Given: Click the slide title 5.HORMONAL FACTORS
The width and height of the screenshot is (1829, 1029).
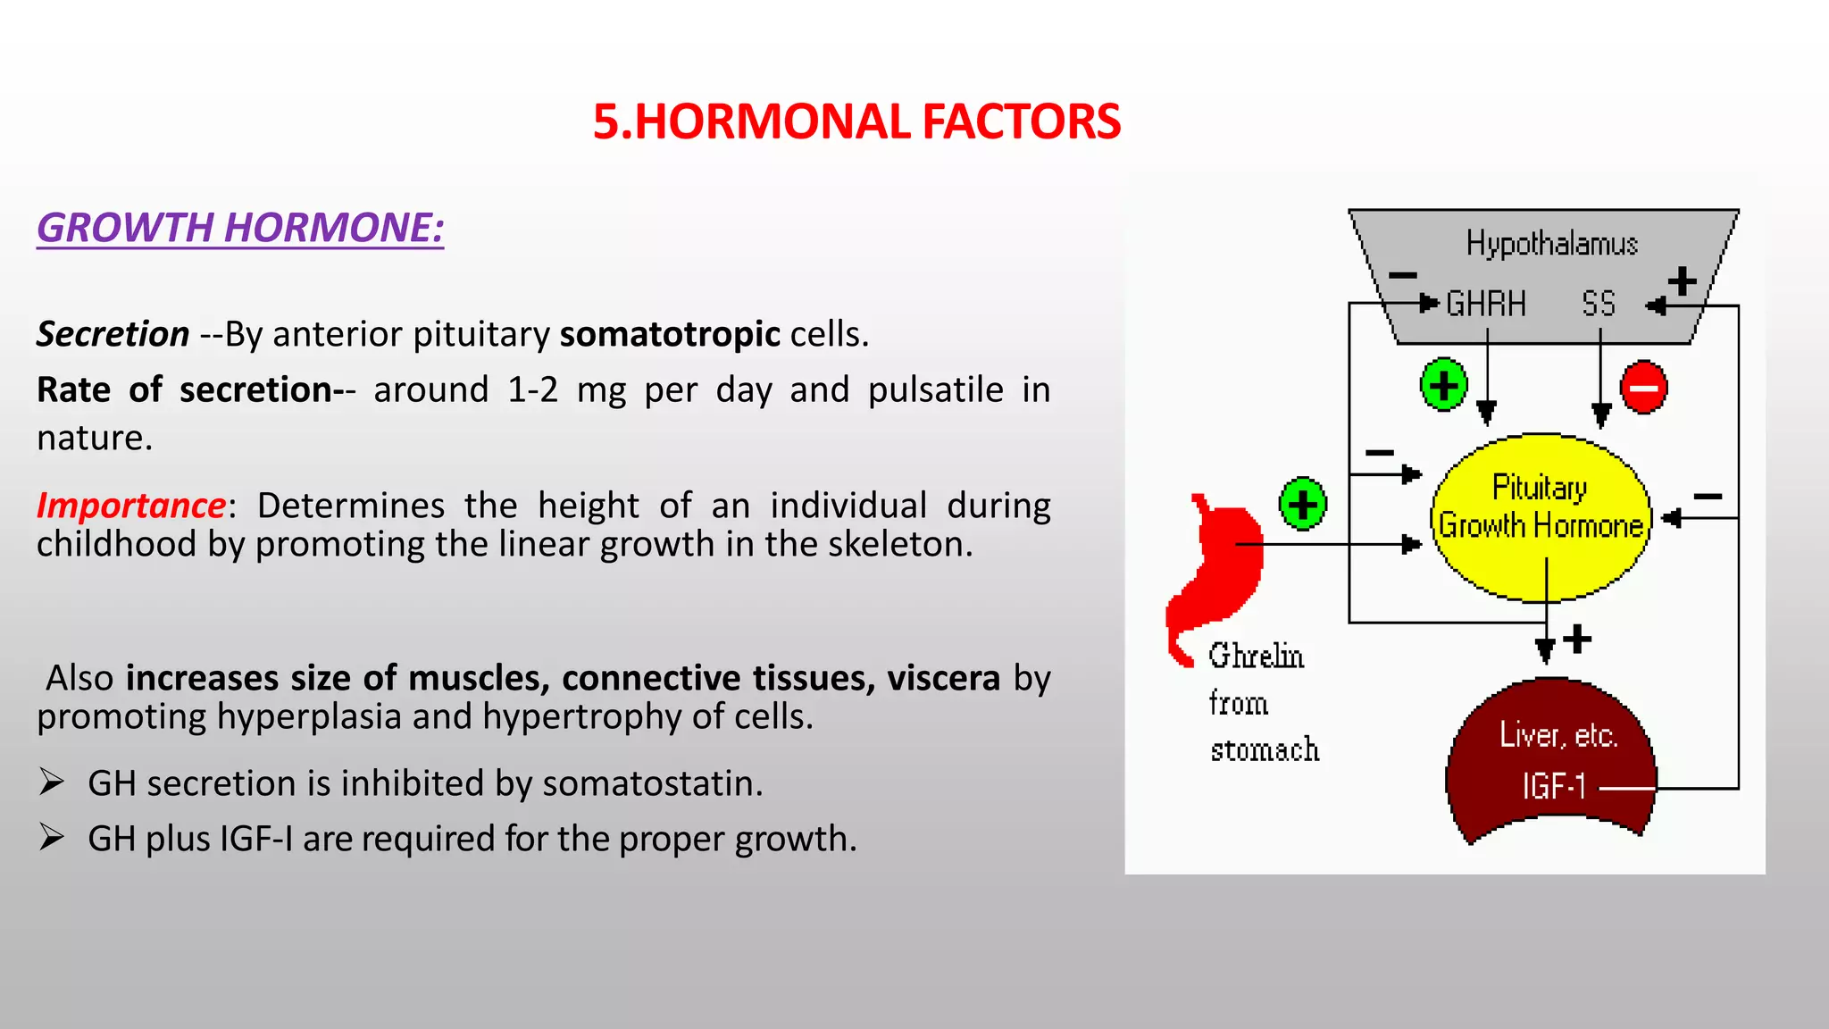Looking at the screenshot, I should click(856, 122).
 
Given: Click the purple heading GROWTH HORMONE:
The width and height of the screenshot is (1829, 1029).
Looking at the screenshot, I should click(240, 228).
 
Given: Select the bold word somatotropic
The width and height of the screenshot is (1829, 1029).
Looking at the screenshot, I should click(670, 334).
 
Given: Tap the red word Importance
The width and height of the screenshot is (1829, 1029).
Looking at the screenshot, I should click(131, 506).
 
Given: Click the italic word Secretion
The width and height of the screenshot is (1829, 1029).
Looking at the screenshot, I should click(113, 334).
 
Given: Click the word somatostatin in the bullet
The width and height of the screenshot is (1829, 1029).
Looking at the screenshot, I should click(651, 783).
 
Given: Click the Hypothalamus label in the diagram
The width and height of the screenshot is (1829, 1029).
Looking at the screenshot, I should click(1551, 243).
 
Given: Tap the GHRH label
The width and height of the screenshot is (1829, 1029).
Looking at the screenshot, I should click(1485, 305).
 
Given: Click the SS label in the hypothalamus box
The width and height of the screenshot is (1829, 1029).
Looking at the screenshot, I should click(1598, 305).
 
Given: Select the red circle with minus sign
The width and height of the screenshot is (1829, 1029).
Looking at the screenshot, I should click(1643, 388).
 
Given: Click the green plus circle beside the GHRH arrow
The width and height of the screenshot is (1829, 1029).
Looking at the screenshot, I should click(1443, 385).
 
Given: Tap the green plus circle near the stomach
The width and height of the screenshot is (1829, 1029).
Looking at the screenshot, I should click(1302, 504).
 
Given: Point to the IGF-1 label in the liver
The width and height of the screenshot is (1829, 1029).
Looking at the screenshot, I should click(1554, 787).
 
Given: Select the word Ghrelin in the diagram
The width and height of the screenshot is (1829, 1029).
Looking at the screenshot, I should click(1256, 657).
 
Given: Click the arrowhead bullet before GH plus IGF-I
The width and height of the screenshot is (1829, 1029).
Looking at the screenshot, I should click(52, 838).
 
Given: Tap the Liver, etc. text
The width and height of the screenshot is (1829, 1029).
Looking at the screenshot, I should click(1558, 735).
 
